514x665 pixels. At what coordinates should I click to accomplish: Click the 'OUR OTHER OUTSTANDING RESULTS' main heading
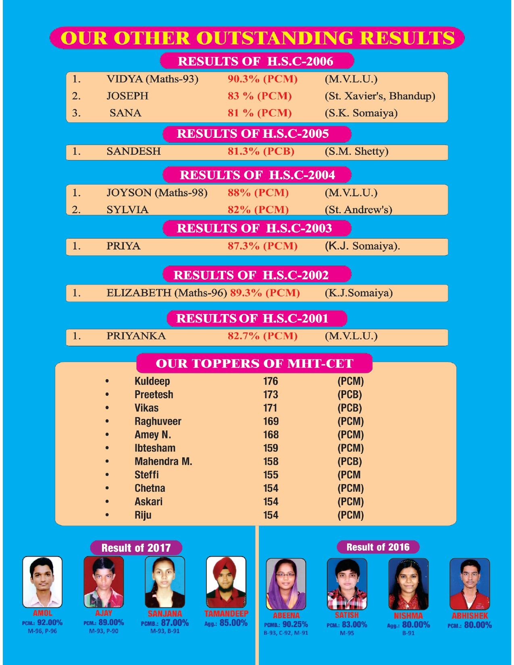[x=257, y=38]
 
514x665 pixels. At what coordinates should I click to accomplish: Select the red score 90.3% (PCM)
[x=262, y=79]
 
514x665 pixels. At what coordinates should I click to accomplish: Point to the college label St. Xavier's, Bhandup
[x=380, y=96]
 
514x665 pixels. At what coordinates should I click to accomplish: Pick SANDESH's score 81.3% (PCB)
[x=261, y=152]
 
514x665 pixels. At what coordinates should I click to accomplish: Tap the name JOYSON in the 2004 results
[x=129, y=193]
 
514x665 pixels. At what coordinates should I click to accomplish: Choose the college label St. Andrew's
[x=358, y=210]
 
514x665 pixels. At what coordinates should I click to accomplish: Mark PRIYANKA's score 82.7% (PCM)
[x=262, y=336]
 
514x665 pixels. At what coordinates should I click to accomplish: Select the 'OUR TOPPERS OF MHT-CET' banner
[x=254, y=364]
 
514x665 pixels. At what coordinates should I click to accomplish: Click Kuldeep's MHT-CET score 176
[x=271, y=381]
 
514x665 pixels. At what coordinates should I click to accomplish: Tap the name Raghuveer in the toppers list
[x=158, y=422]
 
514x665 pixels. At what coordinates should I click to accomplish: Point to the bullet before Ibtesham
[x=107, y=448]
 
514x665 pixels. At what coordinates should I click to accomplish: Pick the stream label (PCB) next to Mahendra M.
[x=350, y=461]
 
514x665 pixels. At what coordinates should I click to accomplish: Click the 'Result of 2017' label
[x=136, y=548]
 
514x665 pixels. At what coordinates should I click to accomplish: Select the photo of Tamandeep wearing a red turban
[x=226, y=582]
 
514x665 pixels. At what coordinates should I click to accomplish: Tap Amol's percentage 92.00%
[x=50, y=623]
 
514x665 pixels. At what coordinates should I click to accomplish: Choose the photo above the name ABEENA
[x=286, y=584]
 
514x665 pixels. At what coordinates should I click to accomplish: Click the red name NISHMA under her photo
[x=408, y=616]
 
